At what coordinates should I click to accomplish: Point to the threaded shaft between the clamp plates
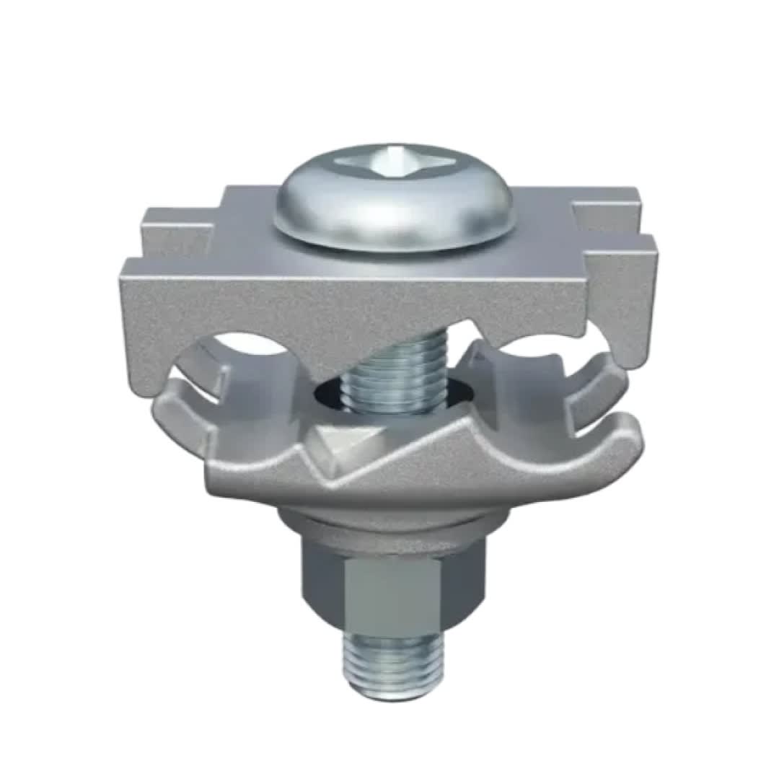393,375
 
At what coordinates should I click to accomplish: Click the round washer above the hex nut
393,527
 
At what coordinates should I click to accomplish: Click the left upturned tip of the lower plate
170,400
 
